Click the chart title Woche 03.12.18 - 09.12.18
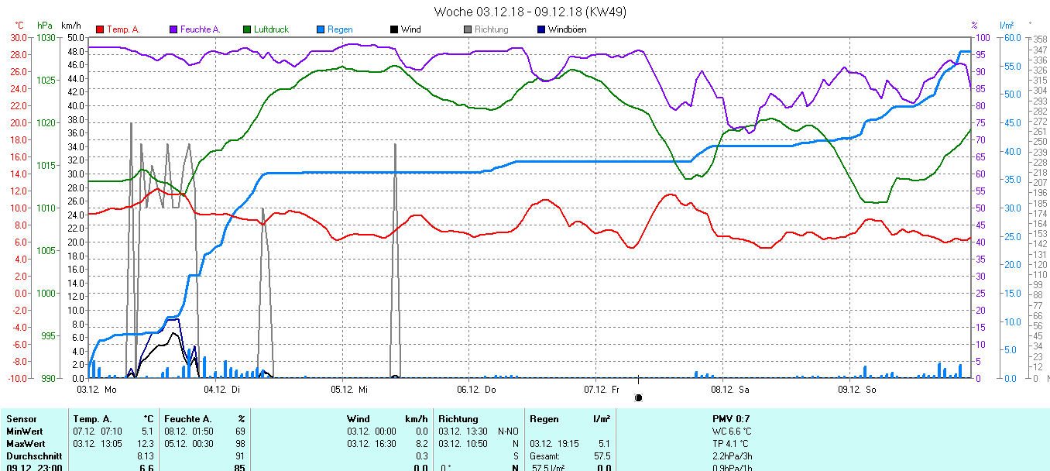[530, 12]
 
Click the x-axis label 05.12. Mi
[348, 390]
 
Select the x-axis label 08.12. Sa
[730, 390]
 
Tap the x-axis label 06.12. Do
[476, 390]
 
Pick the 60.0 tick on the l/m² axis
[1011, 37]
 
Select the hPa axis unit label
[45, 26]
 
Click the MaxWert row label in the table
[24, 444]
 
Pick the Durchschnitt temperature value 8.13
[146, 456]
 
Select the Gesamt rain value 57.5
[602, 456]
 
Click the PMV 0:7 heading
[730, 419]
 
